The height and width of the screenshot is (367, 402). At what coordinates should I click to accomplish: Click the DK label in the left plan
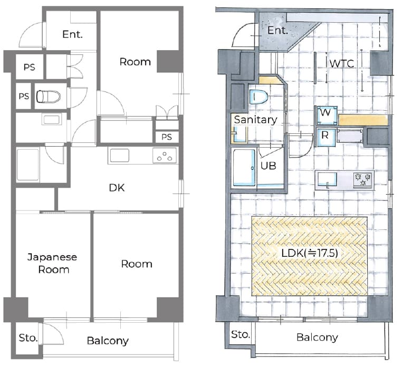click(x=117, y=188)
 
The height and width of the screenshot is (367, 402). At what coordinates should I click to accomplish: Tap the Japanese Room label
click(x=52, y=263)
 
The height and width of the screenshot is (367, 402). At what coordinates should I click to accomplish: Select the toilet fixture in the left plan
click(x=48, y=96)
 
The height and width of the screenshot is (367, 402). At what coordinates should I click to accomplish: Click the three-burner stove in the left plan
click(x=165, y=156)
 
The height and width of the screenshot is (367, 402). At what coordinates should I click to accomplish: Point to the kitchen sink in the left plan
click(x=119, y=156)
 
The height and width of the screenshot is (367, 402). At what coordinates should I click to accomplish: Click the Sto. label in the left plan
click(x=28, y=338)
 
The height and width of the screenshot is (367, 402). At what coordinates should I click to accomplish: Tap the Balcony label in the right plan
click(x=317, y=337)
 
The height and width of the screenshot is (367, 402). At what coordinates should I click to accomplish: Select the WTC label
click(x=342, y=63)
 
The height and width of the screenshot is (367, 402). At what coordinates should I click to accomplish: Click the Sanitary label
click(x=256, y=120)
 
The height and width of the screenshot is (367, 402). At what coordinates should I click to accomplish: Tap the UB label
click(x=269, y=166)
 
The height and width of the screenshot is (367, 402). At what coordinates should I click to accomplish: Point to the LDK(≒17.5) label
click(x=310, y=253)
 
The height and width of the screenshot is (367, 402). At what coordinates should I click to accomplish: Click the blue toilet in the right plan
click(x=259, y=97)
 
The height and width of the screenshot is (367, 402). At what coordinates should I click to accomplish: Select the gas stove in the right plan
click(x=363, y=179)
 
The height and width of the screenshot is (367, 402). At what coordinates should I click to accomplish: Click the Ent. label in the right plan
click(x=277, y=30)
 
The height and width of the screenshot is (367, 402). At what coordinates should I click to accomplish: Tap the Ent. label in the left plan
click(x=73, y=34)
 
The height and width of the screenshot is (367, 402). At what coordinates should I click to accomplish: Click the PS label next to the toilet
click(x=24, y=96)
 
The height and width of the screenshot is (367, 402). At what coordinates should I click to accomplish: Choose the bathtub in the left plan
click(x=27, y=165)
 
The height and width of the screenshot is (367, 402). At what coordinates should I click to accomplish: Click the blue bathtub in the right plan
click(x=244, y=167)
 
